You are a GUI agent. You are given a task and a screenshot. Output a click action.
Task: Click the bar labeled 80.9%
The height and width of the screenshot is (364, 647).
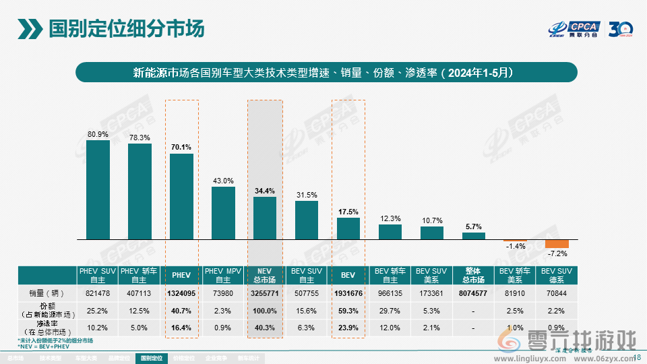(x=98, y=189)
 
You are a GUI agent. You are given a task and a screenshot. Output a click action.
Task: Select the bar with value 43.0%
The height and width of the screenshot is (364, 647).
(x=223, y=212)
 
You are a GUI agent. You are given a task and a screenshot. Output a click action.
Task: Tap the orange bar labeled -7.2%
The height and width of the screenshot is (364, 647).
(x=557, y=243)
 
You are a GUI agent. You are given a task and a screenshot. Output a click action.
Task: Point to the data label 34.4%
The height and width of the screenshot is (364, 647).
(x=265, y=191)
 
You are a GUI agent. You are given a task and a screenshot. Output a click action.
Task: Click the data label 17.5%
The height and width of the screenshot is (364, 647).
(x=348, y=212)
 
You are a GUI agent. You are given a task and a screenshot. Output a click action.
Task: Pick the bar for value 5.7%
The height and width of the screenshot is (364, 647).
(x=474, y=236)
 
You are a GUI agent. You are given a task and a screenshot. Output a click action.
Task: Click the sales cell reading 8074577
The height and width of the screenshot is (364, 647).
(x=474, y=293)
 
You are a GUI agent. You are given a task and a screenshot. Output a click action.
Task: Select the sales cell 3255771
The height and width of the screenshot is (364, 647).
(x=265, y=293)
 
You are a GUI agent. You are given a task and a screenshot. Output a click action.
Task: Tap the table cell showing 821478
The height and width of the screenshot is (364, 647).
(x=98, y=293)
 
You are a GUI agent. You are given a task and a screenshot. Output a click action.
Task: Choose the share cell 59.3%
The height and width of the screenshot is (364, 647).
(x=348, y=310)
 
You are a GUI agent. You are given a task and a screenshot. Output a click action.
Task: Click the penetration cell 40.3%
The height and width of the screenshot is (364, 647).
(x=265, y=328)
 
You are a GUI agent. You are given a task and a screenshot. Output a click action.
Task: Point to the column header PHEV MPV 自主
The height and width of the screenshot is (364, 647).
(x=223, y=275)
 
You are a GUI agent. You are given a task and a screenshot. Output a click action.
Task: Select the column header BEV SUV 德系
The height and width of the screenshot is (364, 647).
(x=557, y=275)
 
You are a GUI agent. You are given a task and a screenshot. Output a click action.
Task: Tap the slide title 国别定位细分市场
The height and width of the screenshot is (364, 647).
(x=127, y=29)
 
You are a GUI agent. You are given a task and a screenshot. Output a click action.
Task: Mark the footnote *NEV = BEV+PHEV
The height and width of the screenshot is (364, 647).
(x=44, y=346)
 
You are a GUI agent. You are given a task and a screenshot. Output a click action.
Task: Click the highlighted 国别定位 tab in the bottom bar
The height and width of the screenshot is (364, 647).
(x=152, y=358)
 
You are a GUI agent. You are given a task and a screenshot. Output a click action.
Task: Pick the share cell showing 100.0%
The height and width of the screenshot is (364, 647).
(x=265, y=310)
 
